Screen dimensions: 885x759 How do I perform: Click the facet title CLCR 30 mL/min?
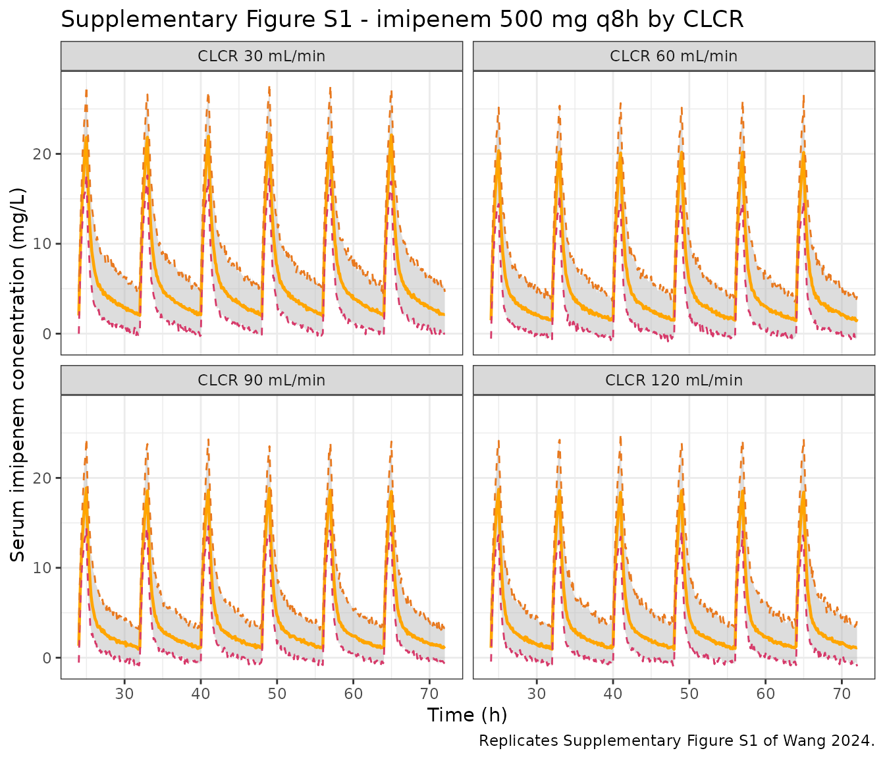(x=261, y=56)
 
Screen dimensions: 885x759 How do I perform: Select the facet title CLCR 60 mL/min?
(x=673, y=56)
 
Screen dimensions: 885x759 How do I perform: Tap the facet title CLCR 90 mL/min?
(x=261, y=380)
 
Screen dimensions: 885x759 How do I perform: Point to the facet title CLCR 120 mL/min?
(x=673, y=380)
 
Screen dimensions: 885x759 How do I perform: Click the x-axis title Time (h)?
(x=467, y=715)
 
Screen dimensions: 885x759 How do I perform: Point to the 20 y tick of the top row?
(x=42, y=154)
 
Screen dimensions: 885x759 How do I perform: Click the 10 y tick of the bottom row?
(x=42, y=567)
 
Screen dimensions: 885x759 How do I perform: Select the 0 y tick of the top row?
(x=47, y=333)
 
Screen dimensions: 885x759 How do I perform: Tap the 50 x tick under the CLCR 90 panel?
(x=277, y=694)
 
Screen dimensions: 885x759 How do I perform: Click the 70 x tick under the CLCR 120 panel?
(x=842, y=694)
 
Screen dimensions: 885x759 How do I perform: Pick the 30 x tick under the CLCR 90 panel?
(x=124, y=694)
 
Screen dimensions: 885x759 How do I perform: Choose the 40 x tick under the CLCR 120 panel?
(x=612, y=694)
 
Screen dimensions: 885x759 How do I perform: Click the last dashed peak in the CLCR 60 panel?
(x=803, y=96)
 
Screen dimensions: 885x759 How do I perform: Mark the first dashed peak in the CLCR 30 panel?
(x=86, y=91)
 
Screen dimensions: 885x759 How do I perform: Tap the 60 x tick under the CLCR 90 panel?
(x=353, y=694)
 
